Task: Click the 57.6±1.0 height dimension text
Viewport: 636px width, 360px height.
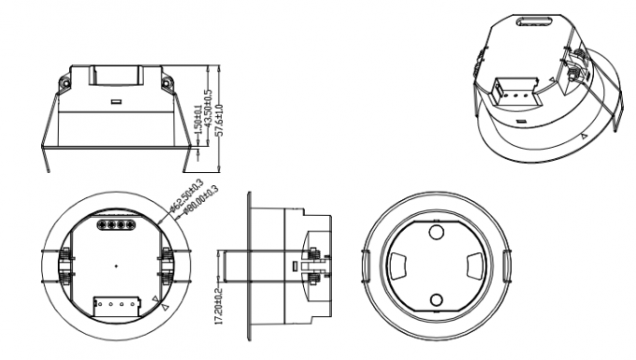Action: click(x=219, y=119)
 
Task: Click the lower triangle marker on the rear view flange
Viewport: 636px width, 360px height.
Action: click(x=165, y=306)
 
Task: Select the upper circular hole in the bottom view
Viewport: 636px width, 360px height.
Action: click(x=436, y=231)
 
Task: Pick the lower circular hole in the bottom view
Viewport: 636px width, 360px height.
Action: click(x=436, y=299)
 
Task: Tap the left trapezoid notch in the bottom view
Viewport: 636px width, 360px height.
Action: click(x=397, y=266)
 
